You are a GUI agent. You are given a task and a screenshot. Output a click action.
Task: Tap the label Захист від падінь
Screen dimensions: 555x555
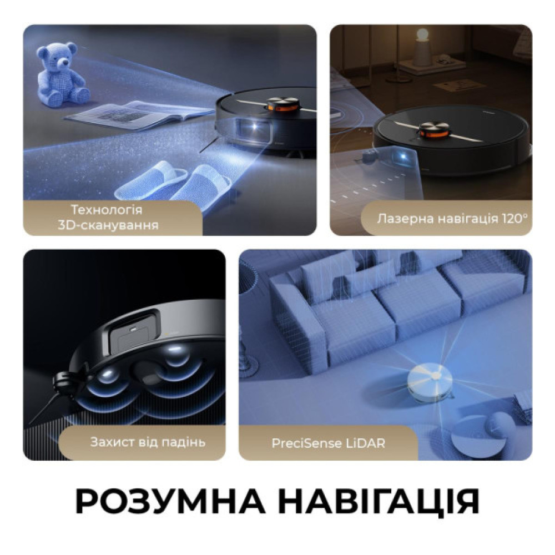(148, 442)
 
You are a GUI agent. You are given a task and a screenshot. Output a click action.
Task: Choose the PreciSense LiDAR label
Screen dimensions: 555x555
(329, 443)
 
